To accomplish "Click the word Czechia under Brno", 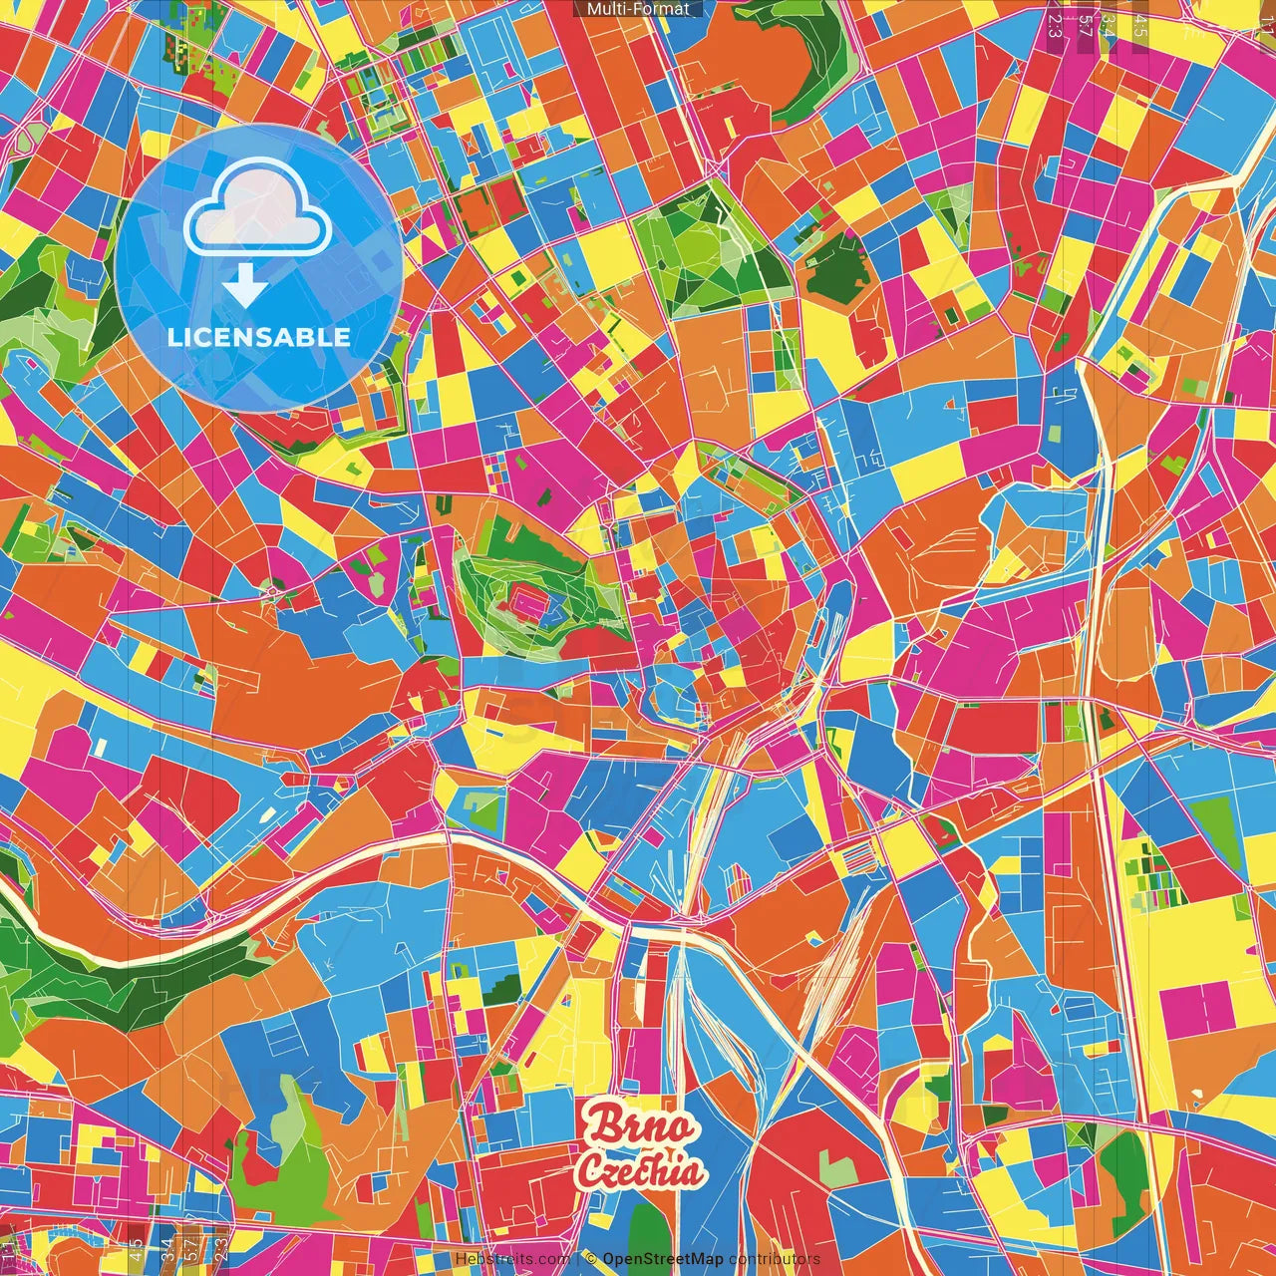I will [641, 1172].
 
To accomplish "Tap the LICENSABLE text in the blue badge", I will [258, 337].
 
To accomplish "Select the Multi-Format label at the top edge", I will [638, 9].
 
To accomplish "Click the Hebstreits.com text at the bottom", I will [512, 1259].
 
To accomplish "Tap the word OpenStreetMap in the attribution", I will [662, 1259].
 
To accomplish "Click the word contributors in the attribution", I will [775, 1259].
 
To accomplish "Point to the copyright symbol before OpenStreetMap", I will [590, 1259].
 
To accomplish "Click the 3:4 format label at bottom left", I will [166, 1248].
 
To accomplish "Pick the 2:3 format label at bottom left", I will [220, 1248].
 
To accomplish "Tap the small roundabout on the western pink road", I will [272, 594].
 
